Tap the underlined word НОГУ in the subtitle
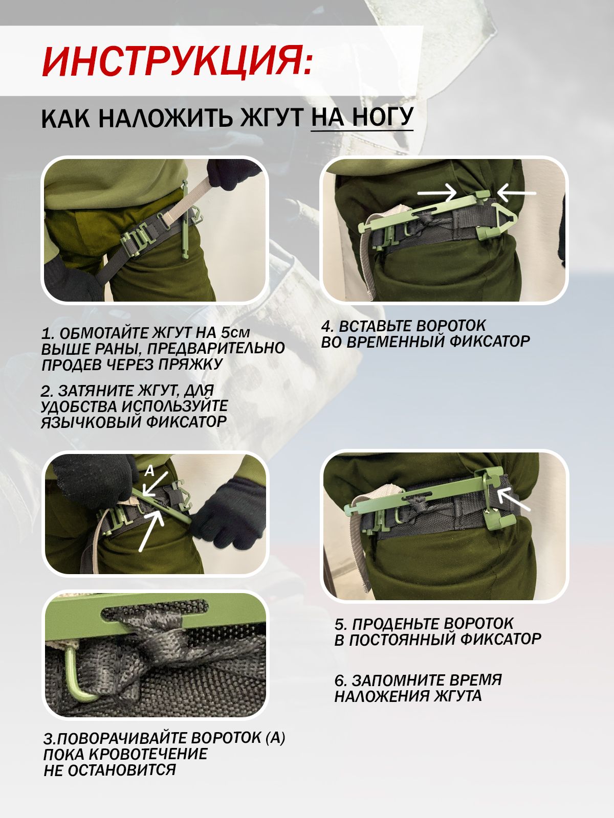(x=383, y=118)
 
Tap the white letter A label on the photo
(x=149, y=471)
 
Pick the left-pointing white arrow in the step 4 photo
(x=516, y=193)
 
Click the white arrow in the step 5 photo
(x=514, y=499)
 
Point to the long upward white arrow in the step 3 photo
(x=151, y=530)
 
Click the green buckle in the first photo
(x=139, y=241)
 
